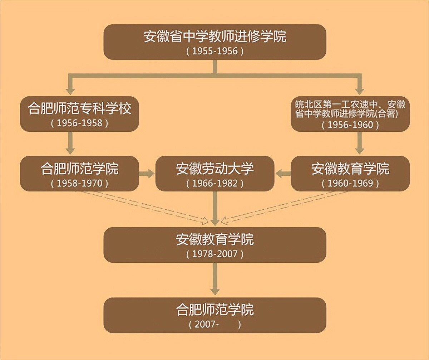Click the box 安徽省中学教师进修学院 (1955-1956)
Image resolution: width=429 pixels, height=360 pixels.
point(215,42)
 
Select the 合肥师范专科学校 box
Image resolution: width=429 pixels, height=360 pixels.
point(79,114)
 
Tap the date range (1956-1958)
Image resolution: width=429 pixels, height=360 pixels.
point(79,123)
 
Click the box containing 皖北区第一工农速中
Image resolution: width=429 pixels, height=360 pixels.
point(350,114)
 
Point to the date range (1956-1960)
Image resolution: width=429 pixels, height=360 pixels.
point(350,125)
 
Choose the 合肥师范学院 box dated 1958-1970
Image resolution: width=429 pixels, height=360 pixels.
point(79,174)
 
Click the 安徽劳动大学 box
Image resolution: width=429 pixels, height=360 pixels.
point(215,174)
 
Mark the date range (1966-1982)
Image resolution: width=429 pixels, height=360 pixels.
point(215,183)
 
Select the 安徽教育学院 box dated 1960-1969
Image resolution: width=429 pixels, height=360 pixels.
point(350,174)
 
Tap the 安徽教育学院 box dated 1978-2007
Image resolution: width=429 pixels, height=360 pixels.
point(215,245)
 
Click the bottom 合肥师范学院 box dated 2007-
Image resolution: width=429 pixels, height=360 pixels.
point(215,315)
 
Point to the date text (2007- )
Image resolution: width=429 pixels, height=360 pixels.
point(215,325)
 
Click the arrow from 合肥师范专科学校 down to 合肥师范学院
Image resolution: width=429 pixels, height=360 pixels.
point(70,143)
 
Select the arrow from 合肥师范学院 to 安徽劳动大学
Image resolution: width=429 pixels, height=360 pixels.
point(147,174)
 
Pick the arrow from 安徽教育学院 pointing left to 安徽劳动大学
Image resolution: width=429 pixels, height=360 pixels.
point(283,174)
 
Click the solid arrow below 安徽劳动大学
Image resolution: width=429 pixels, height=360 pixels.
point(215,209)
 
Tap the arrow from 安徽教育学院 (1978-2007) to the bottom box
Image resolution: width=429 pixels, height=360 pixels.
point(215,279)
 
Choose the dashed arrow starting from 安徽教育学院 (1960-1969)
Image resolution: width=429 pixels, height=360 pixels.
point(285,207)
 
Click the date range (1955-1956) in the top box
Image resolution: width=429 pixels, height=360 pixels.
point(215,51)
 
